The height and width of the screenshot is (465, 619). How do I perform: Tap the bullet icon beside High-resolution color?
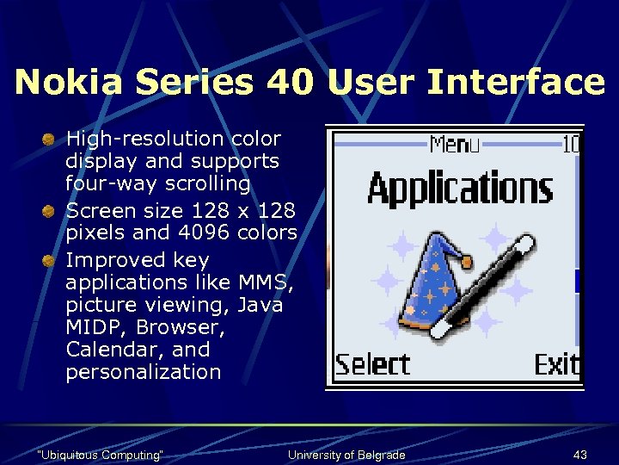click(x=52, y=139)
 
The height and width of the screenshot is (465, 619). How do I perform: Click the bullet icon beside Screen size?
click(x=52, y=210)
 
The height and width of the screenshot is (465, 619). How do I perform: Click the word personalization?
click(x=143, y=373)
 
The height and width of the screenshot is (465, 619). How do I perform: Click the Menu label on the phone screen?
click(x=455, y=145)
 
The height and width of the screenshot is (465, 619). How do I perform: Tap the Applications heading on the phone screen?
click(x=459, y=189)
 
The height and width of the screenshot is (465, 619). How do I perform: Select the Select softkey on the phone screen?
click(x=371, y=364)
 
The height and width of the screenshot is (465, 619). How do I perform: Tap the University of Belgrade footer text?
click(x=346, y=455)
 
